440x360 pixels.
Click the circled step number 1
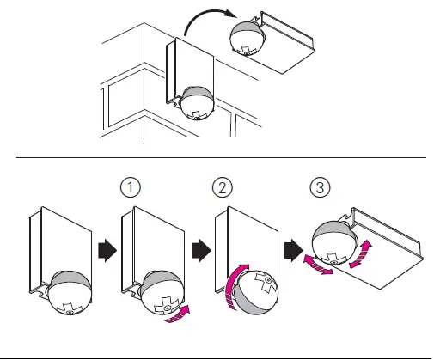pos(131,187)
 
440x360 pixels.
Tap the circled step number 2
pos(223,188)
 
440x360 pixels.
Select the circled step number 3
pos(320,188)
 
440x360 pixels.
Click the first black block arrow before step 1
pos(107,251)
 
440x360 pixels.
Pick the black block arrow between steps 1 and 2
pos(202,251)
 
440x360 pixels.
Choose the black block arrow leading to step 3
pos(294,251)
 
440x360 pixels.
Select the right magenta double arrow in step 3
pos(360,254)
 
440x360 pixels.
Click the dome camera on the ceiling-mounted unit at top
pos(247,38)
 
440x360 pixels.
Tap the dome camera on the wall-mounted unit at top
pos(198,103)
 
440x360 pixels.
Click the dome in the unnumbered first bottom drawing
pos(70,293)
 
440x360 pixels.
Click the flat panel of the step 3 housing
pos(381,259)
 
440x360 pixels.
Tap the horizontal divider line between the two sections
pos(221,157)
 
